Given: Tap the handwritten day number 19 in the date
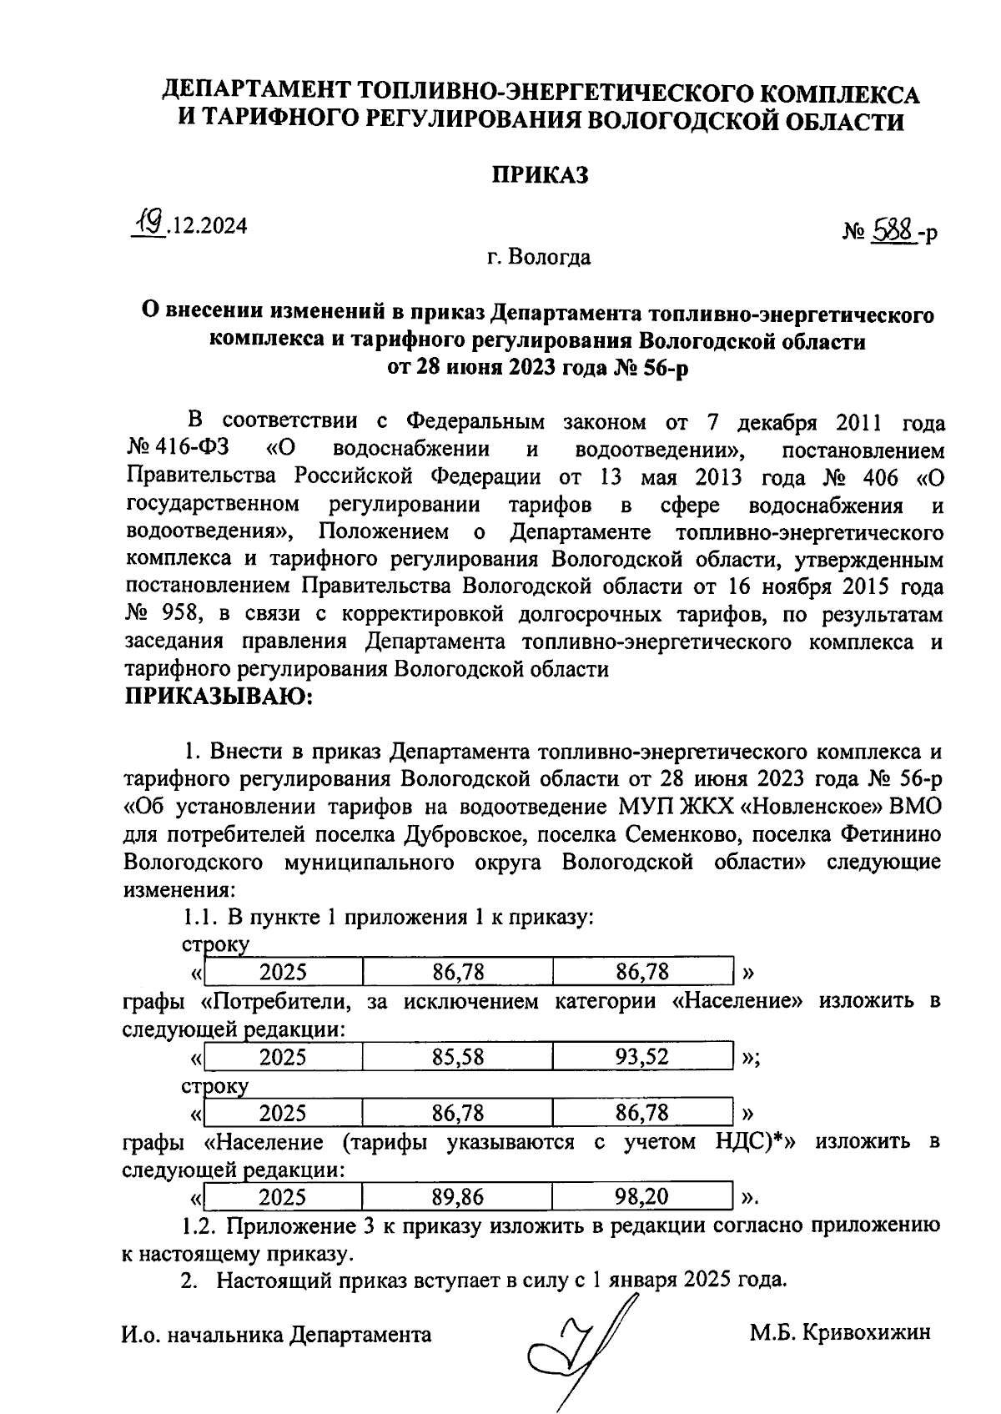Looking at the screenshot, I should click(151, 223).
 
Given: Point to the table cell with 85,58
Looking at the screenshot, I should click(457, 1057).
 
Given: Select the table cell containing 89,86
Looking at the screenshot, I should click(457, 1197).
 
